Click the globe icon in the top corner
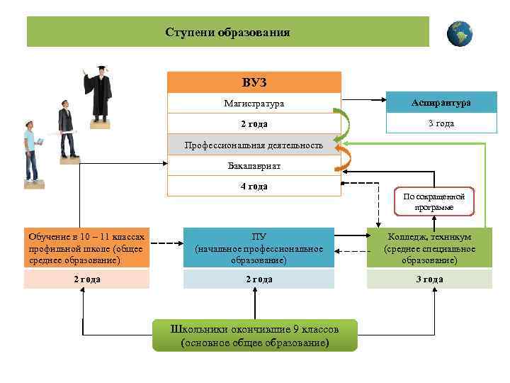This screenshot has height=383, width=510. (x=460, y=33)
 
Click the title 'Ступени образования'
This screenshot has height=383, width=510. (x=227, y=33)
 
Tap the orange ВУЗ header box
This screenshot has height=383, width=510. (x=254, y=82)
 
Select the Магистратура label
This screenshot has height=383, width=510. (x=253, y=104)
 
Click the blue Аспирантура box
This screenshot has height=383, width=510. (x=441, y=102)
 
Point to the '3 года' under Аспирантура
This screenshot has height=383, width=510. (x=441, y=123)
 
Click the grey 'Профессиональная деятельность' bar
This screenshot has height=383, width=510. (x=254, y=145)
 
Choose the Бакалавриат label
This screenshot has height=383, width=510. (x=253, y=165)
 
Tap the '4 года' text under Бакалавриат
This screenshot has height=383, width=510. (x=253, y=187)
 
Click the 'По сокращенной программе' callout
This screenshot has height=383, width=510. (x=434, y=202)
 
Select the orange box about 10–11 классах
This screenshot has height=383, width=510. (x=86, y=248)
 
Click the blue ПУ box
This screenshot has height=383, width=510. (x=259, y=248)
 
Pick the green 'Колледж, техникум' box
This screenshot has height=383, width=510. (x=429, y=248)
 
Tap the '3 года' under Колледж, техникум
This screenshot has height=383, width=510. (x=429, y=279)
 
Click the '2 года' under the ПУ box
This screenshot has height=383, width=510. (x=259, y=279)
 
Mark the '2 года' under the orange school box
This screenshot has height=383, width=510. (x=86, y=279)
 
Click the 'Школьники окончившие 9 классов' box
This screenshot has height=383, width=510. (x=255, y=335)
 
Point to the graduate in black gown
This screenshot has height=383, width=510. (x=100, y=92)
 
